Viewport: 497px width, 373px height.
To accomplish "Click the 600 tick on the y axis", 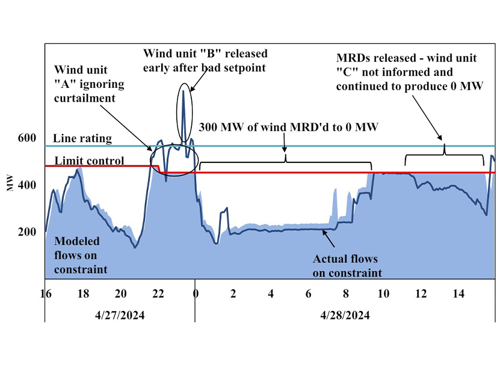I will pos(29,138).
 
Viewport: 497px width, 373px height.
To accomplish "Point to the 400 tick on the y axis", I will pos(29,185).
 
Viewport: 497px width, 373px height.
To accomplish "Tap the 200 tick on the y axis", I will pos(29,232).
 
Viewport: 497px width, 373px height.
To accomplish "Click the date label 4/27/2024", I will pos(120,315).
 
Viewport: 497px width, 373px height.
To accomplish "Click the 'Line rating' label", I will pos(82,138).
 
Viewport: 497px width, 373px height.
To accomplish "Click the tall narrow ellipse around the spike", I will pos(184,114).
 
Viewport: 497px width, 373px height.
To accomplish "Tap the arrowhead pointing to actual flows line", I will pos(326,233).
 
